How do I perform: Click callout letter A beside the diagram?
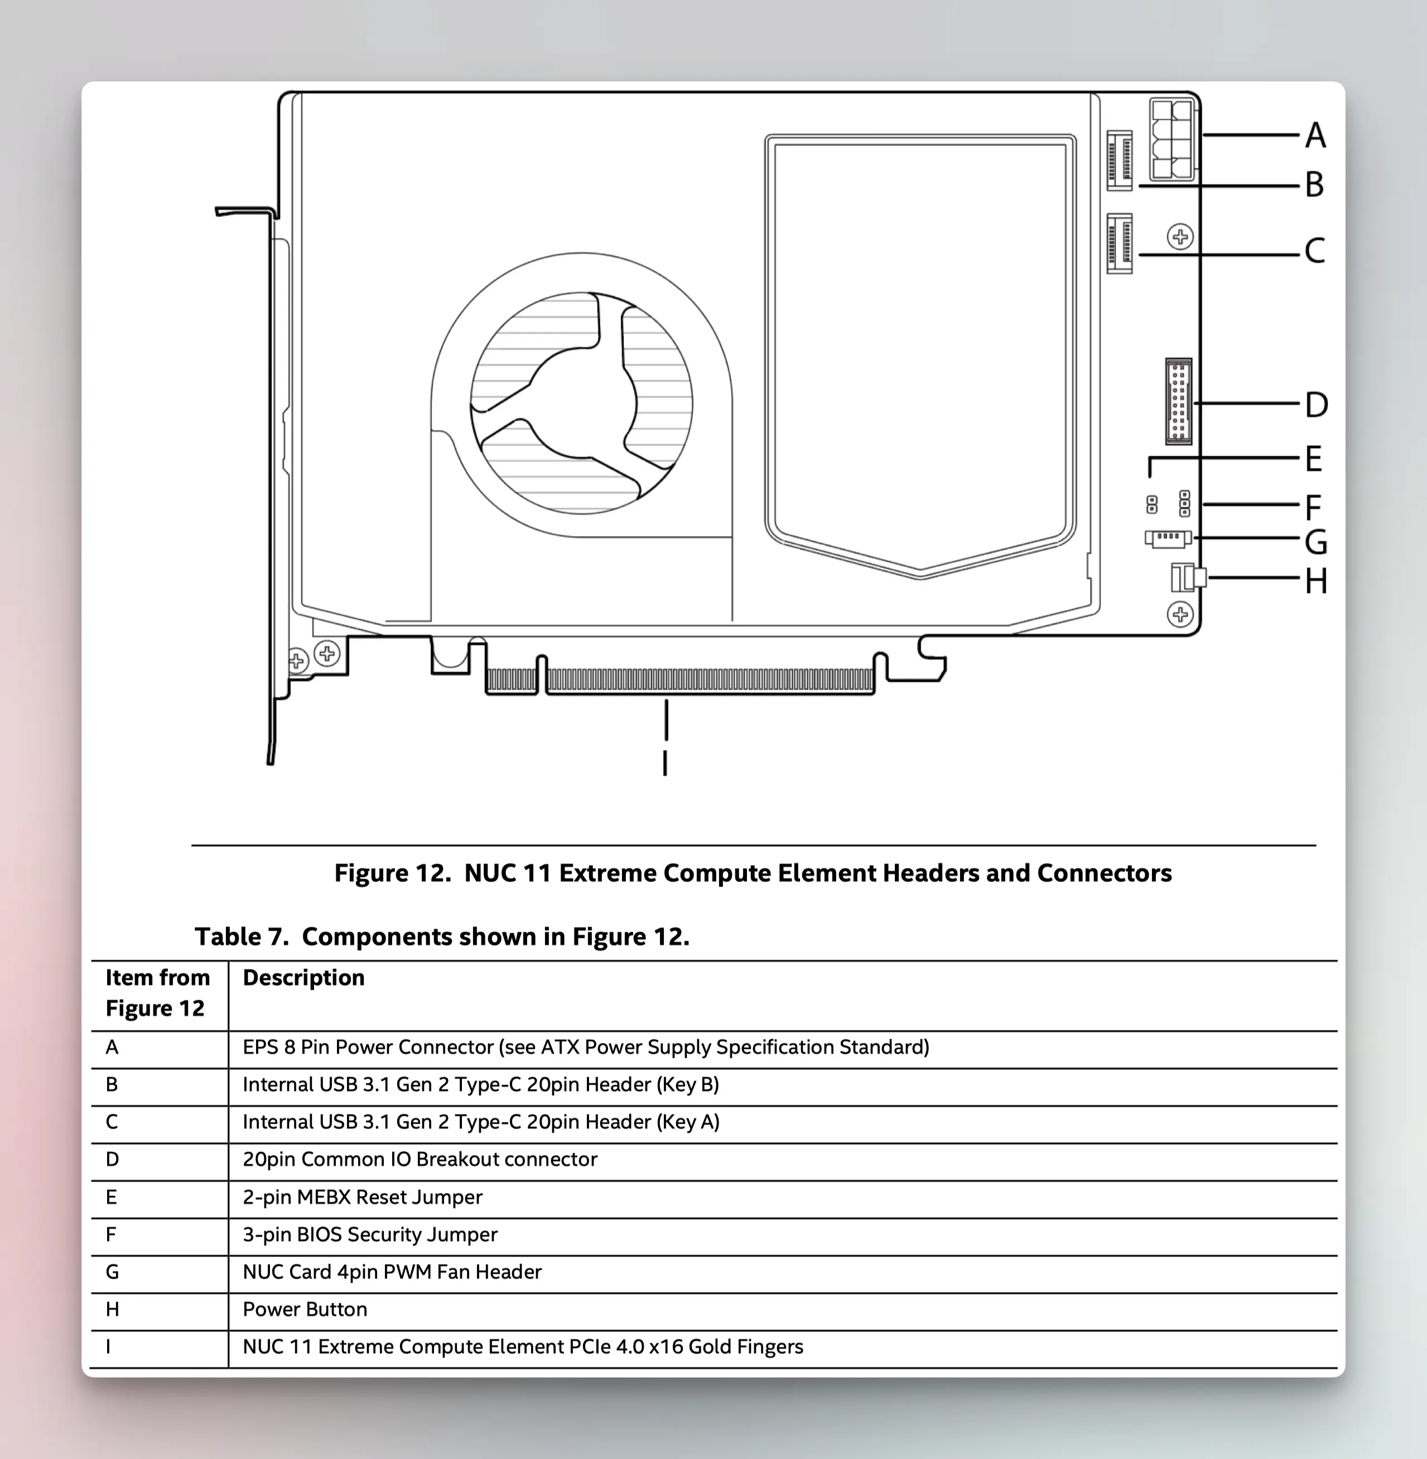(1315, 136)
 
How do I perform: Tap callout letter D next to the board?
(1316, 405)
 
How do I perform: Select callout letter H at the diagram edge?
(1316, 581)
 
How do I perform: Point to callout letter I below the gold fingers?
(665, 763)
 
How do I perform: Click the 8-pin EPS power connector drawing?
(1172, 140)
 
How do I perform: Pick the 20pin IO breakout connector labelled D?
(1178, 402)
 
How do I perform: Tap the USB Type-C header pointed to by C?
(1120, 244)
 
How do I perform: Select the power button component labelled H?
(1187, 578)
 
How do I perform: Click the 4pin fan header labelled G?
(1168, 538)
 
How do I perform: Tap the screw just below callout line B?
(1180, 238)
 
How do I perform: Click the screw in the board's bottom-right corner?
(1180, 615)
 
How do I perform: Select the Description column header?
(303, 978)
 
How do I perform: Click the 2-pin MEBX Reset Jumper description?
(362, 1197)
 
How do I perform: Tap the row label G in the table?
(113, 1272)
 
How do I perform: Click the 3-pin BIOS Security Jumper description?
(369, 1235)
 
